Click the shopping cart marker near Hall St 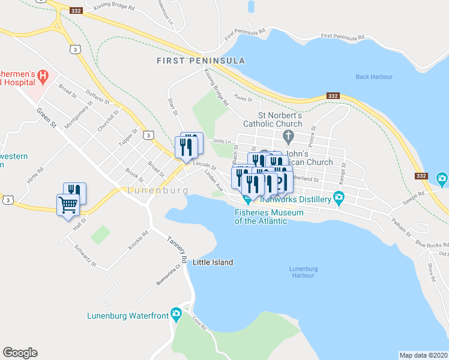tap(68, 205)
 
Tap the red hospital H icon tap(42, 76)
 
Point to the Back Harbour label tap(373, 77)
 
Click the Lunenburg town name tap(158, 190)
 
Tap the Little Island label tap(212, 262)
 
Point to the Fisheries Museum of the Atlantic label tap(261, 216)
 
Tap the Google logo tap(20, 353)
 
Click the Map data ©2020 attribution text tap(423, 355)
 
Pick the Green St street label tap(46, 118)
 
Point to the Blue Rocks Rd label tap(432, 244)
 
